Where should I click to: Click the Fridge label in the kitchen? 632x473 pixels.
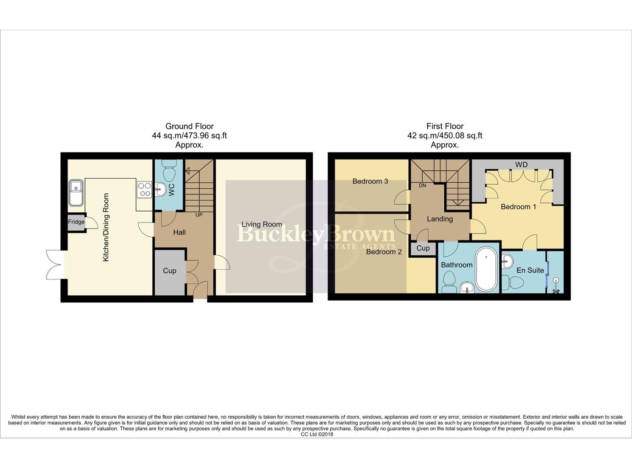point(76,222)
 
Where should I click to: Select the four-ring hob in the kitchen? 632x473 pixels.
point(144,189)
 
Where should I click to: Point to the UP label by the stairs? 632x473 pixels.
point(199,215)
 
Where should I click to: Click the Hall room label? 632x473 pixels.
point(179,233)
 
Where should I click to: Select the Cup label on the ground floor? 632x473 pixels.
point(169,271)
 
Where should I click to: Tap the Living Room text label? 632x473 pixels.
point(261,224)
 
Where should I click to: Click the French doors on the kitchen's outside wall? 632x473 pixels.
point(55,265)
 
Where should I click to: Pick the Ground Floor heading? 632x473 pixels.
point(189,126)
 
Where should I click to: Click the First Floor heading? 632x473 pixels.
point(445,126)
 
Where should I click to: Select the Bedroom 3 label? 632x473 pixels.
point(370,181)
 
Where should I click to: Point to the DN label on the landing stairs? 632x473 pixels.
point(422,186)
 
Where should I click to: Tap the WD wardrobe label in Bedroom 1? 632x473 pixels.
point(521,165)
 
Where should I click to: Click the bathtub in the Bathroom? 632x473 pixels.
point(486,269)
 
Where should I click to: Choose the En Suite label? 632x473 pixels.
point(530,270)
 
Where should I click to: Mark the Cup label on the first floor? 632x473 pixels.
point(423,248)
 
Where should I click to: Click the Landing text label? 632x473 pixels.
point(439,219)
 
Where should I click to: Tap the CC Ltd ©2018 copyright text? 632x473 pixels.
point(317,434)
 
